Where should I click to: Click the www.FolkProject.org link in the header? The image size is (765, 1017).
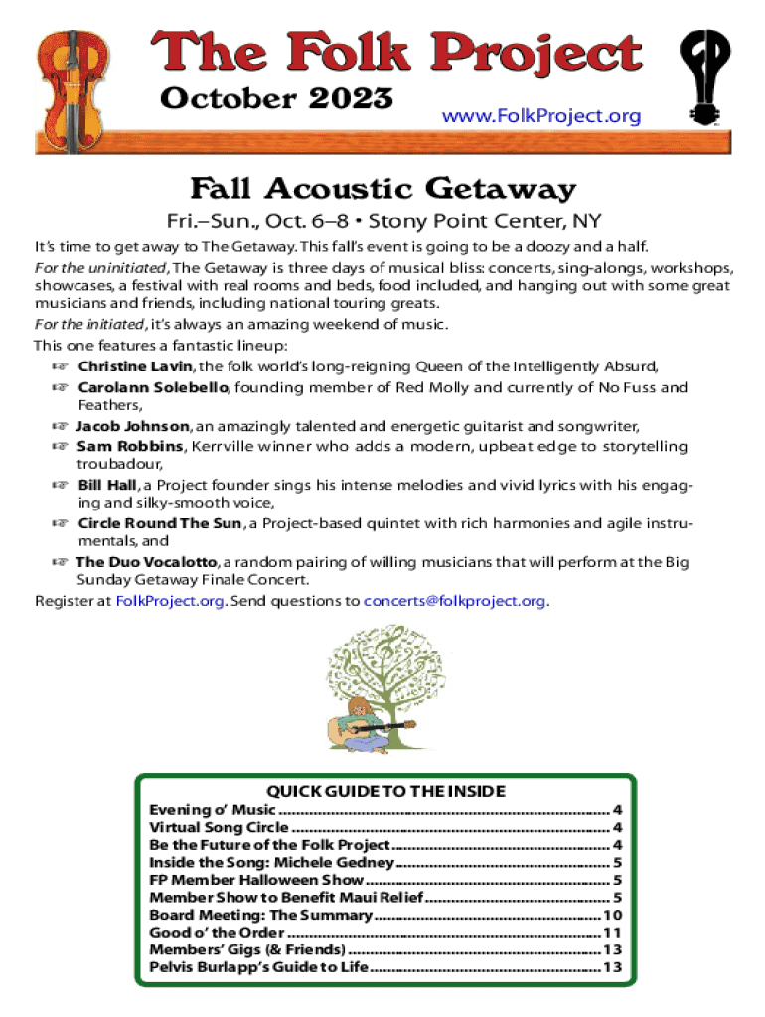pyautogui.click(x=540, y=117)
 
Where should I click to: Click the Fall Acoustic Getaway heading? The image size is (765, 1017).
pyautogui.click(x=382, y=188)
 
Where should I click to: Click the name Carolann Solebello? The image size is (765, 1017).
pyautogui.click(x=153, y=387)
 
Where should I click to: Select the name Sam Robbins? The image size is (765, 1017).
pyautogui.click(x=129, y=447)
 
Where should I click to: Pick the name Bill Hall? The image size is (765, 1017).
pyautogui.click(x=107, y=486)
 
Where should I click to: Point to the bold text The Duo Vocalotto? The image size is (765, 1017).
pyautogui.click(x=145, y=562)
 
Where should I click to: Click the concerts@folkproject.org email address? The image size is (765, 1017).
pyautogui.click(x=455, y=601)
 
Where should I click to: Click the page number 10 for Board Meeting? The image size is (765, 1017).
pyautogui.click(x=612, y=915)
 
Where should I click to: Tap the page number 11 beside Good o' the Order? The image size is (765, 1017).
pyautogui.click(x=612, y=933)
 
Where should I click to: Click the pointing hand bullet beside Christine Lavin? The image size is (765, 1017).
pyautogui.click(x=61, y=367)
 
